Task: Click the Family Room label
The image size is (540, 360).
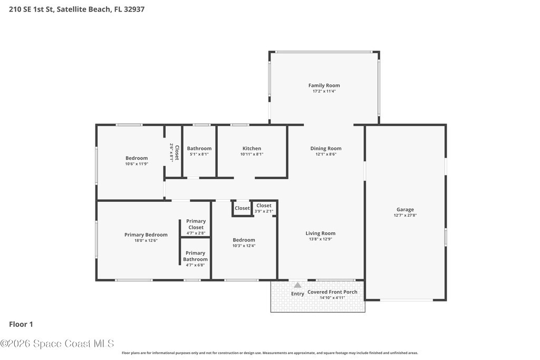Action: [324, 85]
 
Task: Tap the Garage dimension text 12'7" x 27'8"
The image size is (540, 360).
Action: [405, 216]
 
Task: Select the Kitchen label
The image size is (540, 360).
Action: [252, 148]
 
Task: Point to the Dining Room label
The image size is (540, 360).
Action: [326, 148]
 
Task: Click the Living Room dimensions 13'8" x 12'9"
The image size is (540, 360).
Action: [320, 239]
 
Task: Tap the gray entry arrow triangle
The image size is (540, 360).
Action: [297, 285]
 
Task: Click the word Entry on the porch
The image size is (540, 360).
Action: [297, 294]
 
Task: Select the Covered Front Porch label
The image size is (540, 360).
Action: [332, 292]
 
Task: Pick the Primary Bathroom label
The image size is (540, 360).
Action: [195, 256]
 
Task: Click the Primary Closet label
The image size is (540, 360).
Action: [196, 224]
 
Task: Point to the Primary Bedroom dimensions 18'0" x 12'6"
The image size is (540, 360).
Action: [146, 240]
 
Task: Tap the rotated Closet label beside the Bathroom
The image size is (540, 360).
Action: [177, 152]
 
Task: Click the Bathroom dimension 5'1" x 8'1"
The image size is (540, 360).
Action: [199, 154]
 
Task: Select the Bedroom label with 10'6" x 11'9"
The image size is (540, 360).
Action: [137, 158]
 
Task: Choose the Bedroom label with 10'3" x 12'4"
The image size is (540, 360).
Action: [244, 240]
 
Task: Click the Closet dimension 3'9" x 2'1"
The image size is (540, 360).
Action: [264, 211]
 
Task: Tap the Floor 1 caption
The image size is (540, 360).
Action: [21, 324]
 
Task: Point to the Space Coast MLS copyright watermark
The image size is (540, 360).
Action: [57, 344]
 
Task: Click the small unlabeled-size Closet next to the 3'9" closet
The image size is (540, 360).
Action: [242, 208]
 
